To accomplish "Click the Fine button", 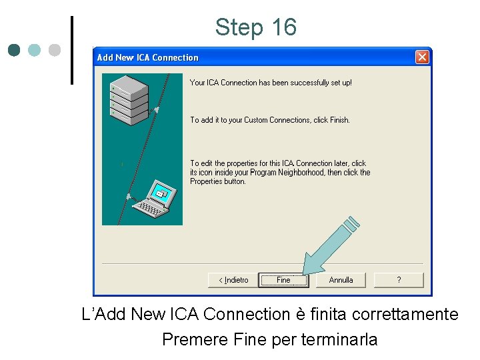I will pyautogui.click(x=283, y=280).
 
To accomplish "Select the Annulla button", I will pyautogui.click(x=341, y=280).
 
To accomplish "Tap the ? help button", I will pyautogui.click(x=399, y=280).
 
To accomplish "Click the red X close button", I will pyautogui.click(x=422, y=57).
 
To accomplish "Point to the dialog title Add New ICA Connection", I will pyautogui.click(x=148, y=57).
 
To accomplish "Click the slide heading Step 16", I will pyautogui.click(x=255, y=27).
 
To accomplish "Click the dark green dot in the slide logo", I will pyautogui.click(x=15, y=50).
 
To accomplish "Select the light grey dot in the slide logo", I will pyautogui.click(x=55, y=50).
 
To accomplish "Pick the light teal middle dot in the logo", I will pyautogui.click(x=35, y=50).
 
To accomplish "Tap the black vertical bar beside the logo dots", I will pyautogui.click(x=71, y=50).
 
